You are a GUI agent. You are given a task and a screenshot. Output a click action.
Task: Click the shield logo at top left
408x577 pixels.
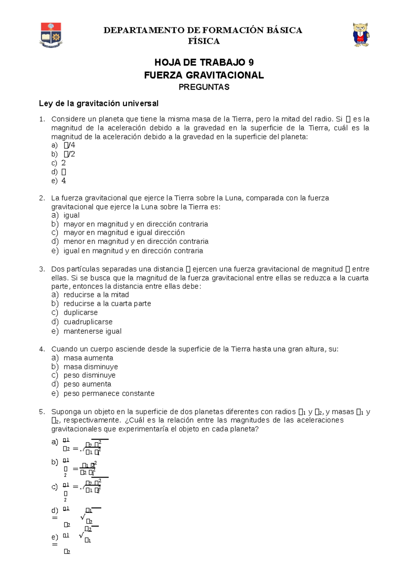click(51, 35)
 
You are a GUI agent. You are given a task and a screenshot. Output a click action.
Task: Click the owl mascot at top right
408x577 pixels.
click(361, 35)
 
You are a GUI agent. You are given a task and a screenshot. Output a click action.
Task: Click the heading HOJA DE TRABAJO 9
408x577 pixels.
click(204, 63)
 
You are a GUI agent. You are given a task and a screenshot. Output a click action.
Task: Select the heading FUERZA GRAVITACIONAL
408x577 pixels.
click(204, 75)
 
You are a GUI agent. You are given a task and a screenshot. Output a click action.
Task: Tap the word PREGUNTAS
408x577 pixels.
click(204, 87)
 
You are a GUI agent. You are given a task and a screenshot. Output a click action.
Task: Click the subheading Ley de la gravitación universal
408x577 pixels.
click(99, 104)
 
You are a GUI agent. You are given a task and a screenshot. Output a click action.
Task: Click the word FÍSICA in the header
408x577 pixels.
click(204, 41)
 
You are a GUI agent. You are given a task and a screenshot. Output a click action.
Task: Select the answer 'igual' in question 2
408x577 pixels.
click(71, 215)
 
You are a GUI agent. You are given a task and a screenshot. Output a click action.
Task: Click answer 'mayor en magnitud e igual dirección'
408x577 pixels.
click(124, 233)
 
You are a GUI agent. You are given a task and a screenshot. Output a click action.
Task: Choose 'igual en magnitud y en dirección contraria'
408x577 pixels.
click(133, 251)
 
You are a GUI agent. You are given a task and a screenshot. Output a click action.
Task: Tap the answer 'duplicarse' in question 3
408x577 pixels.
click(81, 313)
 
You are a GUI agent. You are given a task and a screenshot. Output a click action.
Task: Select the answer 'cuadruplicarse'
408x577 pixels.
click(88, 322)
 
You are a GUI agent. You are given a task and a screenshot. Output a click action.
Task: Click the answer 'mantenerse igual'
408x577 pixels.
click(92, 331)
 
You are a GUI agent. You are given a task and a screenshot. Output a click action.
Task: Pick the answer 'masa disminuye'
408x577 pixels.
click(91, 367)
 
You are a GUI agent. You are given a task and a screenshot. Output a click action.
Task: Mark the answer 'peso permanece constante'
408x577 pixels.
click(109, 394)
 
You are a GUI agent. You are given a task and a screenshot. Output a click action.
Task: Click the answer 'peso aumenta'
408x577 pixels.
click(87, 384)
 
